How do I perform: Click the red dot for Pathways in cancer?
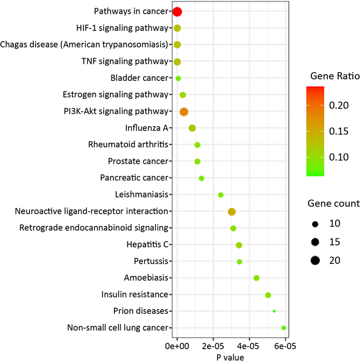point(177,12)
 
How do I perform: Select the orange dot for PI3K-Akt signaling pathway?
point(183,112)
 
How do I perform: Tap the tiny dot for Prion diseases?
point(274,311)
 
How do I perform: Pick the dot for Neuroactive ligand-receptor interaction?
point(232,212)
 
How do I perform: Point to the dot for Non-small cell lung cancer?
point(283,328)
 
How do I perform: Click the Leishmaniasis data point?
point(221,195)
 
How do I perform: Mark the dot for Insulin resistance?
point(268,295)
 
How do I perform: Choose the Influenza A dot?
point(192,128)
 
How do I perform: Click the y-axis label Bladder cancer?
point(139,78)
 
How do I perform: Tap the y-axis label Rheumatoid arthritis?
point(130,145)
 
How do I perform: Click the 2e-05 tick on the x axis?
point(213,345)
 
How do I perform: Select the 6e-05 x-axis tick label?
point(285,345)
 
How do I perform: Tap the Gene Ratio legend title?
point(335,76)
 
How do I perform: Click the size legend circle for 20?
point(314,260)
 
